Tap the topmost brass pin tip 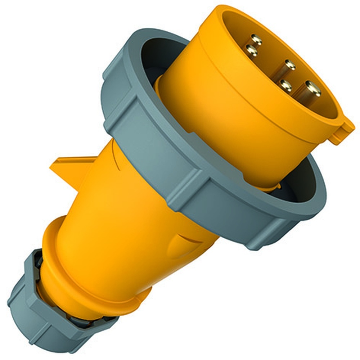coord(256,39)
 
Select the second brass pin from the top coord(251,51)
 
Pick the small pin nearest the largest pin coord(286,85)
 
